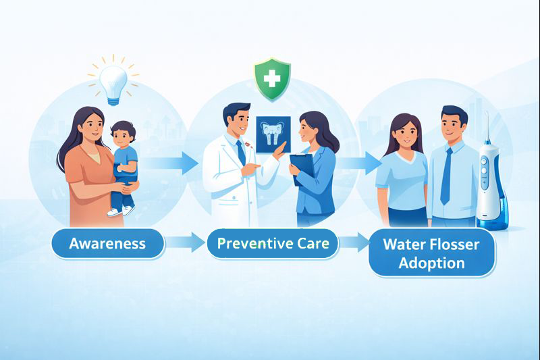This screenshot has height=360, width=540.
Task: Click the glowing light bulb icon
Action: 112,83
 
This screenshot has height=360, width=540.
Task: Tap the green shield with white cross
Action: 271,79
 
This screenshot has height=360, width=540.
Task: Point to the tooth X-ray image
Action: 273,131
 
